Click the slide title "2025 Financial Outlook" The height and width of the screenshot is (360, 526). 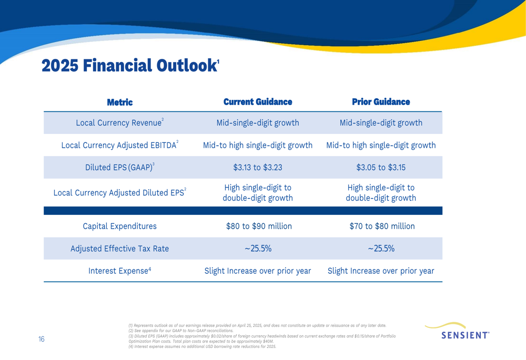[x=130, y=65]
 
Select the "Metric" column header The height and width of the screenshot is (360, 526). [x=120, y=102]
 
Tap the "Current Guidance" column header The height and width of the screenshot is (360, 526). [x=258, y=102]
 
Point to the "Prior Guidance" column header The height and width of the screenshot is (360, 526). [x=381, y=102]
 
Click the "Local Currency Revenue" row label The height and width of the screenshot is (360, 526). [x=119, y=122]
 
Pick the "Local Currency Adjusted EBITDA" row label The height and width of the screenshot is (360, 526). [x=119, y=145]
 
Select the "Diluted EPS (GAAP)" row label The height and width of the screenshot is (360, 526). [x=119, y=167]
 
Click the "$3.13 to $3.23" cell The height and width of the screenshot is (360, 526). [x=258, y=167]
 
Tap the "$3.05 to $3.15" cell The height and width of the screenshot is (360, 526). [x=381, y=167]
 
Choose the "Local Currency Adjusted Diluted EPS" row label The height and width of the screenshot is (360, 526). [x=119, y=193]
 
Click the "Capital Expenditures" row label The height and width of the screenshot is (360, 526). [x=120, y=227]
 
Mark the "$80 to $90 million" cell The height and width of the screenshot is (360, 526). [x=259, y=227]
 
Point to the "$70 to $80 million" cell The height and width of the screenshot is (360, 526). [x=382, y=227]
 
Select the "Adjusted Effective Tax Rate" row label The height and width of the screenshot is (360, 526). [x=120, y=249]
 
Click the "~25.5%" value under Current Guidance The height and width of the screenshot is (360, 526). [x=258, y=249]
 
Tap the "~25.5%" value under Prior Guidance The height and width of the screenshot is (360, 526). [x=381, y=249]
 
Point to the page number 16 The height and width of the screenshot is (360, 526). [x=41, y=339]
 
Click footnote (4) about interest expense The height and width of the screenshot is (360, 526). [x=203, y=346]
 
